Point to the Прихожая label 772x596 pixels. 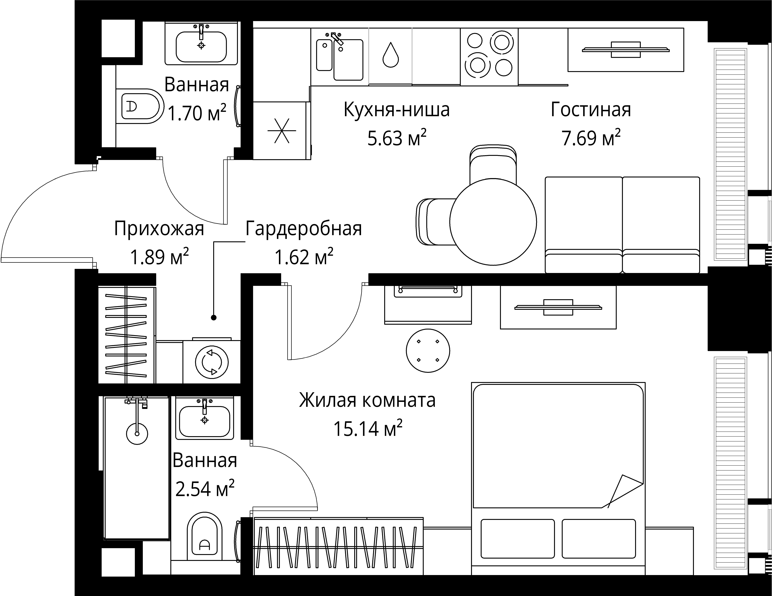click(159, 229)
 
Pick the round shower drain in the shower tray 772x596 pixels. click(137, 433)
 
